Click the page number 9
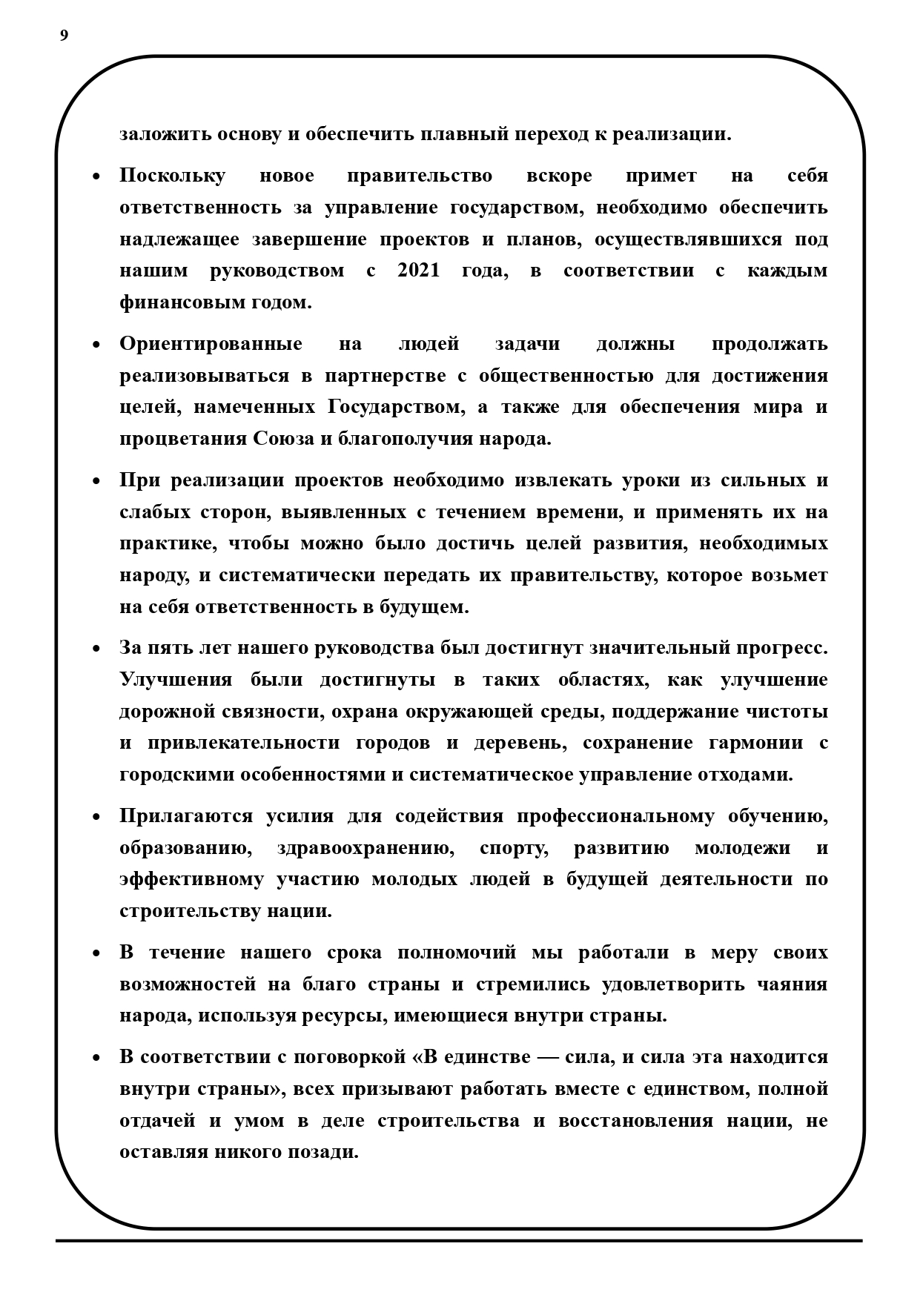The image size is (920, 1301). coord(64,36)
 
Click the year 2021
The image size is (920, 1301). coord(419,271)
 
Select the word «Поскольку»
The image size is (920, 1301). coord(172,176)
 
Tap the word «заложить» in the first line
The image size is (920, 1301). coord(164,135)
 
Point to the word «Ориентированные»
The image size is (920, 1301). coord(211,345)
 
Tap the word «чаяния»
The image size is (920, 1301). coord(792,984)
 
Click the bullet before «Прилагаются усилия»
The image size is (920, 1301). coord(96,818)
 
